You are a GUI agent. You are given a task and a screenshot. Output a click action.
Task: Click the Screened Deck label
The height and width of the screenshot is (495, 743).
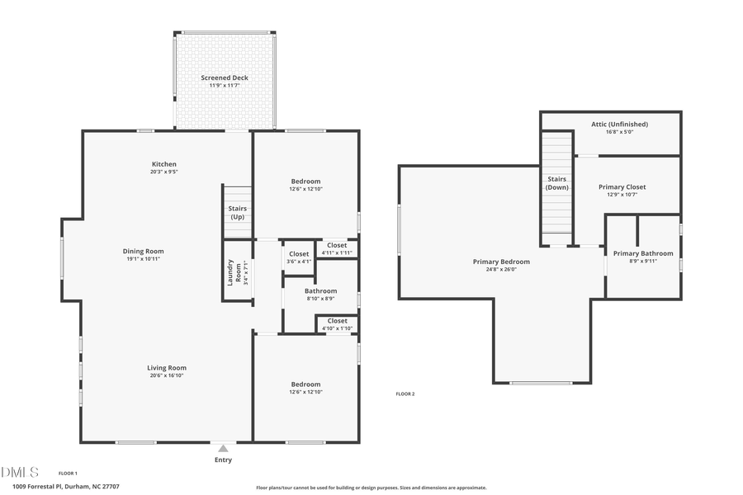pyautogui.click(x=224, y=78)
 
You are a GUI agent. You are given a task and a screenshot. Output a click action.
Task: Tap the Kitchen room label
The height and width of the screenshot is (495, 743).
pyautogui.click(x=163, y=164)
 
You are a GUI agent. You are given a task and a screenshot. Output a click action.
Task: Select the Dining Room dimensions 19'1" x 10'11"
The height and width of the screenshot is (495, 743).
pyautogui.click(x=143, y=259)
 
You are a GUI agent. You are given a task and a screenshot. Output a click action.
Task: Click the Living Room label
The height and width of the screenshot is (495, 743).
pyautogui.click(x=167, y=368)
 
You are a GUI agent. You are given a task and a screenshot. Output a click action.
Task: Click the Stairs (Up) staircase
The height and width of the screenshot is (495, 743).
pyautogui.click(x=237, y=212)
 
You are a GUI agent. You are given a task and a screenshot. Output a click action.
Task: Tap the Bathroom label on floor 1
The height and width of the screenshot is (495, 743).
pyautogui.click(x=320, y=291)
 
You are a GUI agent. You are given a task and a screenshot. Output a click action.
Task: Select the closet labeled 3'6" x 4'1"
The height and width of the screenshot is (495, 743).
pyautogui.click(x=298, y=257)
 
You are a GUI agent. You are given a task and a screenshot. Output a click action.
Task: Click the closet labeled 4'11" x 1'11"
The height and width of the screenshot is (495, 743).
pyautogui.click(x=337, y=248)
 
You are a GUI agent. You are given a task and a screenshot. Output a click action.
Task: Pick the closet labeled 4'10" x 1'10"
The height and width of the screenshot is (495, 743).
pyautogui.click(x=337, y=324)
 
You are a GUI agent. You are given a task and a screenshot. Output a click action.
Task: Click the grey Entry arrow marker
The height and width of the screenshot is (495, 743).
pyautogui.click(x=223, y=449)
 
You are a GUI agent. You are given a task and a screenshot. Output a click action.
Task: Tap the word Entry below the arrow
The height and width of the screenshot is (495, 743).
pyautogui.click(x=223, y=460)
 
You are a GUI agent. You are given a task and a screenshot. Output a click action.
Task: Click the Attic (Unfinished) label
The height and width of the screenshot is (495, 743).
pyautogui.click(x=619, y=125)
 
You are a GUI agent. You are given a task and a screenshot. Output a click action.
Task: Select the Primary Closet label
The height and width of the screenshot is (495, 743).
pyautogui.click(x=622, y=187)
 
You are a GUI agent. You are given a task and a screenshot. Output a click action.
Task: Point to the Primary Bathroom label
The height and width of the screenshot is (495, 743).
pyautogui.click(x=643, y=253)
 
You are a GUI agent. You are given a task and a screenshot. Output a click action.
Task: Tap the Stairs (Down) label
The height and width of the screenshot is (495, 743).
pyautogui.click(x=557, y=182)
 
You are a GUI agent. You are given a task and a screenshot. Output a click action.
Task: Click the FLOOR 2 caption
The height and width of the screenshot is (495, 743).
pyautogui.click(x=405, y=394)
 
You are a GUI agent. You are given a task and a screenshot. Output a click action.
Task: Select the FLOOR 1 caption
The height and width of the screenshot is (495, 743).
pyautogui.click(x=68, y=473)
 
